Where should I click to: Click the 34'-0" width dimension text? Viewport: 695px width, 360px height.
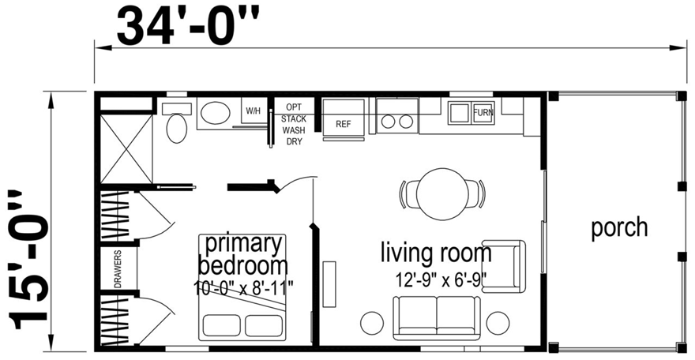pos(188,27)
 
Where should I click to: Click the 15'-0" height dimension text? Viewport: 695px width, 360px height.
pos(28,261)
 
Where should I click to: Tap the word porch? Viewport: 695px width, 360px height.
pos(619,228)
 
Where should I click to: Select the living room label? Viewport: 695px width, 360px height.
pos(436,253)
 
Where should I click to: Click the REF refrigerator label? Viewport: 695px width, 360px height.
pos(343,125)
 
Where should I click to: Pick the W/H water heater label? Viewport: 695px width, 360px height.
pos(253,111)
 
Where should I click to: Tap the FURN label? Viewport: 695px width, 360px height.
pos(483,112)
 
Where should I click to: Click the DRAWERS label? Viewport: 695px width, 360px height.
pos(118,269)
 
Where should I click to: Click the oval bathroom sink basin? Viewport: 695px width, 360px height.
pos(216,112)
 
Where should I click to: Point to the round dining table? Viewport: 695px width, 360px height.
pos(442,193)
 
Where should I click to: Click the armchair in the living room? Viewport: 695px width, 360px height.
pos(504,266)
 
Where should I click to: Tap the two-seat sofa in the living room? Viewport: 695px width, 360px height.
pos(437,318)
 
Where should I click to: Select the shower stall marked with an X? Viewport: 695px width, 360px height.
pos(126,148)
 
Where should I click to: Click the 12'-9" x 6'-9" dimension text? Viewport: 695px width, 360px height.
pos(441,280)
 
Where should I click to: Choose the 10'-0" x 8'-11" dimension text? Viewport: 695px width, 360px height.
pos(243,288)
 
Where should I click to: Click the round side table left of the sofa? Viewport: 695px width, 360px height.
pos(372,323)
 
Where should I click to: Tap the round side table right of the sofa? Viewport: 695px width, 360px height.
pos(498,323)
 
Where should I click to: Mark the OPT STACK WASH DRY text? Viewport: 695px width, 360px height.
pos(294,125)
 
